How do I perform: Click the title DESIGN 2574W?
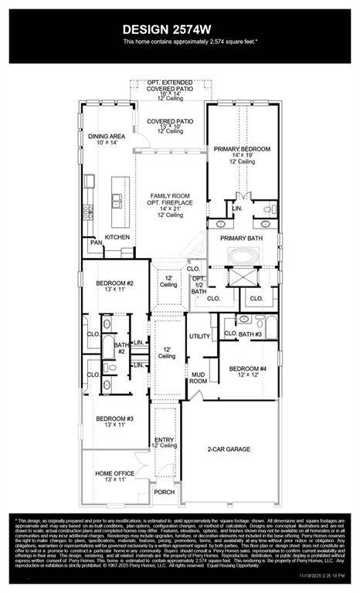tap(180, 29)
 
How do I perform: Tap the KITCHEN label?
tap(117, 237)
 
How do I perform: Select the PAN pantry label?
tap(96, 242)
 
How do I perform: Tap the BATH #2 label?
tap(121, 347)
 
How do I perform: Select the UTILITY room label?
tap(200, 337)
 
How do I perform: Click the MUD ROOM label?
tap(199, 378)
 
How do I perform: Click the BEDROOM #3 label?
tap(115, 420)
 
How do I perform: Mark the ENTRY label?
tap(165, 441)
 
